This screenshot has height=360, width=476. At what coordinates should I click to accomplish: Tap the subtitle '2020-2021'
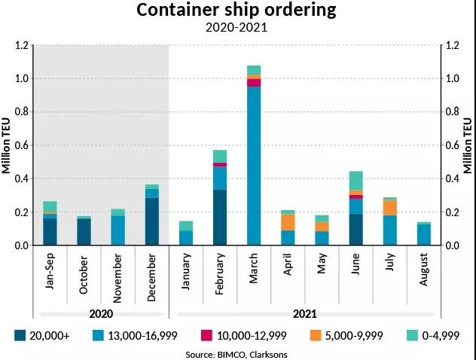pyautogui.click(x=237, y=29)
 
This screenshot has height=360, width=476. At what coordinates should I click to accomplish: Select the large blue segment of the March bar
pyautogui.click(x=254, y=166)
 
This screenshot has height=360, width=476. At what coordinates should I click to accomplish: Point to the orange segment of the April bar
pyautogui.click(x=288, y=222)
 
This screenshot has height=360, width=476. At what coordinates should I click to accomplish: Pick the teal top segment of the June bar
pyautogui.click(x=355, y=181)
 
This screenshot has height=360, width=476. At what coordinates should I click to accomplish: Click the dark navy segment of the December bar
pyautogui.click(x=152, y=221)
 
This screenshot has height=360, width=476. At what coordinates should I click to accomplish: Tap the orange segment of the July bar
pyautogui.click(x=389, y=207)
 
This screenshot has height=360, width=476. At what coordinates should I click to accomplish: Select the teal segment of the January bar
pyautogui.click(x=186, y=226)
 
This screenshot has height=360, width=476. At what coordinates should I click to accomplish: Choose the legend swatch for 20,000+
pyautogui.click(x=21, y=335)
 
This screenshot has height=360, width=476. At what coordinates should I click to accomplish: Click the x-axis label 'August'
pyautogui.click(x=423, y=272)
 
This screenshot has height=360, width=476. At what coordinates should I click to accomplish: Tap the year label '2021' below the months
pyautogui.click(x=304, y=313)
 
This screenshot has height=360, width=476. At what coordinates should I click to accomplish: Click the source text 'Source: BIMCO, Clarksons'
pyautogui.click(x=236, y=353)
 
